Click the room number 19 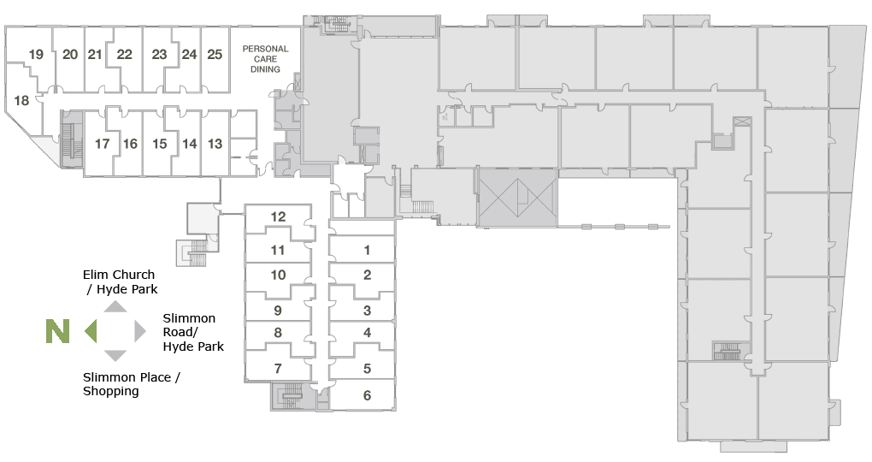(36, 55)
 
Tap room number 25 (215, 55)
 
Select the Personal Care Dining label (265, 59)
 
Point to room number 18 (21, 101)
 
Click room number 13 (215, 145)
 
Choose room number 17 (102, 145)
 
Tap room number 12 (278, 216)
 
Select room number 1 (367, 251)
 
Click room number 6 (367, 396)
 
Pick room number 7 (278, 369)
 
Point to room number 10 (278, 275)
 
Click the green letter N (58, 331)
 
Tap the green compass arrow (91, 331)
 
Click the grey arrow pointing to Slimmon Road (140, 331)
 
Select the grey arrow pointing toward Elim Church (115, 306)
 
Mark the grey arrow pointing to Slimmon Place (115, 356)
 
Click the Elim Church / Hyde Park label (120, 282)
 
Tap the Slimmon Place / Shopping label (132, 384)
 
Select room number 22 (125, 55)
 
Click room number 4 (367, 333)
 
